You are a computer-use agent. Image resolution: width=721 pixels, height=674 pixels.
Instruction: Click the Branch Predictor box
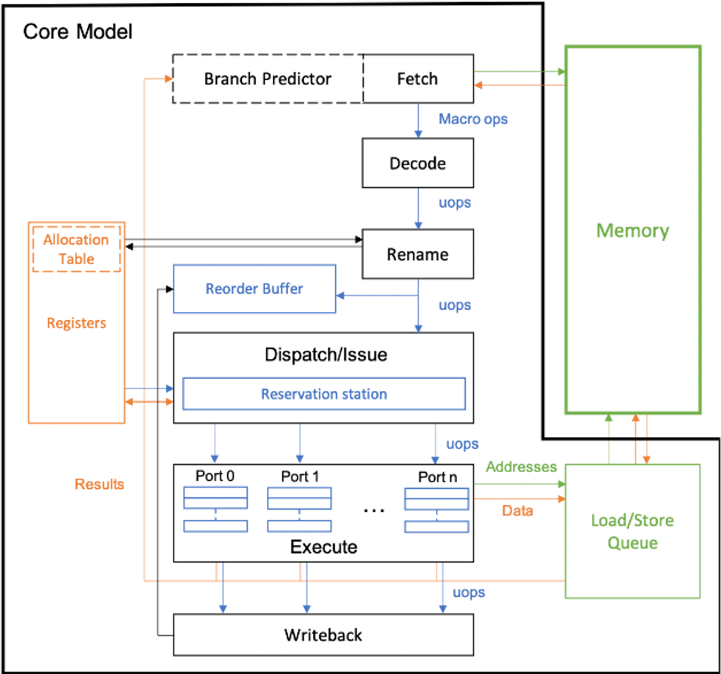point(268,79)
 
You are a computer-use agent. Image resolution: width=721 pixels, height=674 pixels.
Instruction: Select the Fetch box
point(417,79)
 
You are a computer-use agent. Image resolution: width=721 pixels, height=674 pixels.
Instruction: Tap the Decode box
point(417,163)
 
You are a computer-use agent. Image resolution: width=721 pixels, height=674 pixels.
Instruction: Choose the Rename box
point(417,255)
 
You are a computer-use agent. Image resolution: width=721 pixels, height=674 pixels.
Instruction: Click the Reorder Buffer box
point(254,289)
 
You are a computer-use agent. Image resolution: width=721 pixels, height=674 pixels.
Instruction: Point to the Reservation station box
point(323,394)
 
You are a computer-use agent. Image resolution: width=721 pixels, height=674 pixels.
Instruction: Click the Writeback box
point(323,634)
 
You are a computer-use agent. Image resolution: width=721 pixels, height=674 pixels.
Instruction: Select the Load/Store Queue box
point(632,532)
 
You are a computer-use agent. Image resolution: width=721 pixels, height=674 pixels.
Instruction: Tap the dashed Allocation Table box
point(76,249)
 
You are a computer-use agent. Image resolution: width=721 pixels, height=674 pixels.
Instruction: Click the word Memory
point(632,231)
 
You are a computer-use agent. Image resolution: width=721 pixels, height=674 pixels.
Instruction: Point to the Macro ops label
point(473,119)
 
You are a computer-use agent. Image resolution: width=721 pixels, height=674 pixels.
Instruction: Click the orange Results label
point(99,484)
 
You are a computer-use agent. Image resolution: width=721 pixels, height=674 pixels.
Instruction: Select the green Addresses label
point(521,467)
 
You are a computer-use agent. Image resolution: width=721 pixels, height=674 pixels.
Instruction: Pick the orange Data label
point(517,510)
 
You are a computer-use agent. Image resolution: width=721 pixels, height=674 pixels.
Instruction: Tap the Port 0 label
point(215,476)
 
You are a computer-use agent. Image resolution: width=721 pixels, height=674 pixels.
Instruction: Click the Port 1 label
point(300,476)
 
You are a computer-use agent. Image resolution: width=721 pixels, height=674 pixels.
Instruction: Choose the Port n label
point(437,476)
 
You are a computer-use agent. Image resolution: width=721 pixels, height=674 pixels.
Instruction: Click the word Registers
point(76,323)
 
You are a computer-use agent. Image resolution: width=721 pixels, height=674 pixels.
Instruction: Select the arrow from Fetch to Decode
point(418,121)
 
